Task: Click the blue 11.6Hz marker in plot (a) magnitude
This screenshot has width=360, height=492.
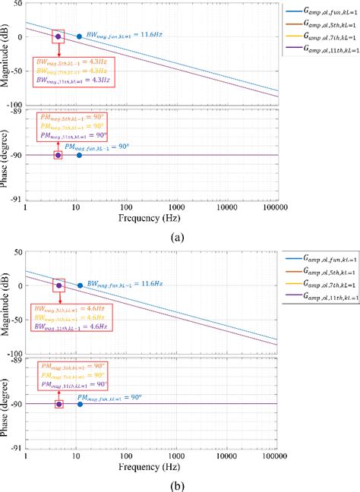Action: [79, 36]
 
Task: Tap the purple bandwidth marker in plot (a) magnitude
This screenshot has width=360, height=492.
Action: [58, 36]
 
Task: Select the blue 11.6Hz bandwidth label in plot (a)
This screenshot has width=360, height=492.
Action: [113, 35]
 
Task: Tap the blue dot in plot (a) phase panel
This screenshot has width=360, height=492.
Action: [79, 155]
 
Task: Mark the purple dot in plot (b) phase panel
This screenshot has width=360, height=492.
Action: [58, 403]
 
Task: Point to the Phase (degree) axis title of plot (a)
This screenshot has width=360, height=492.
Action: [7, 156]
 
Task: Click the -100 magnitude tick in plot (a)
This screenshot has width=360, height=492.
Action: [15, 105]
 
